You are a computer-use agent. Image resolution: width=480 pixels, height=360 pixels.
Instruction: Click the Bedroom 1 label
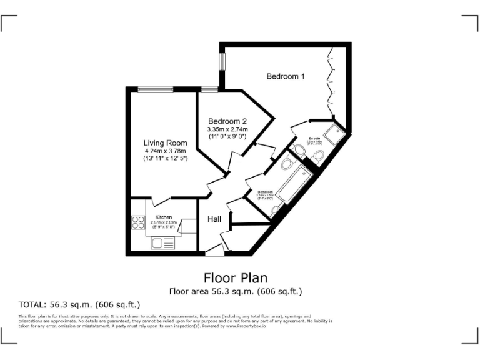[286, 76]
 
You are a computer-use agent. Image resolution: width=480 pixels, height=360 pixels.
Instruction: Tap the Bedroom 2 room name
[227, 121]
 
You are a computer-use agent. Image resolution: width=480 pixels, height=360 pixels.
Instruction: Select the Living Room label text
[165, 143]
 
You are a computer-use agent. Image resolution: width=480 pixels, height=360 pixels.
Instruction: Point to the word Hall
[214, 219]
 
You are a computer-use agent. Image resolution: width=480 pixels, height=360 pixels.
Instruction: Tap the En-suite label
[314, 138]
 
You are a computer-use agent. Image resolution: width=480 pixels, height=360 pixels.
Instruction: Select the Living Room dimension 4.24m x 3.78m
[165, 151]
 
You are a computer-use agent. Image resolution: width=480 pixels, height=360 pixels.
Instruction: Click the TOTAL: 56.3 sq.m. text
[79, 305]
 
